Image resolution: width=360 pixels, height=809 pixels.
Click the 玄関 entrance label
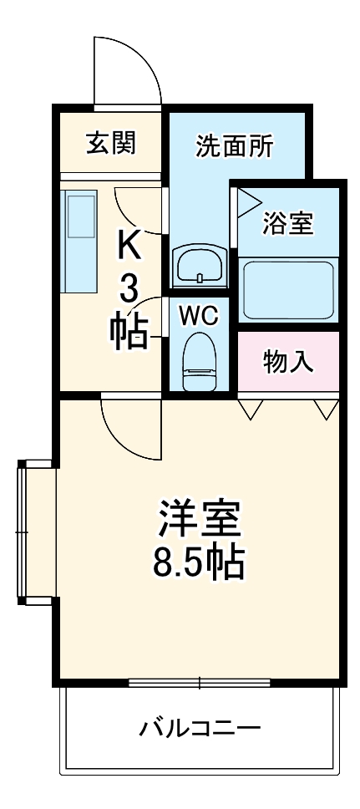(x=111, y=143)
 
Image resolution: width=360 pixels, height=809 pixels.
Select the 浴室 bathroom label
(x=288, y=223)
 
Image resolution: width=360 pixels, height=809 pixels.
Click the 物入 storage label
(x=288, y=362)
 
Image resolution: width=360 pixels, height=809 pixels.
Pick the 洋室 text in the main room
(x=199, y=521)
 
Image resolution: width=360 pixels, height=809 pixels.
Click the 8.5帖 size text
(x=199, y=564)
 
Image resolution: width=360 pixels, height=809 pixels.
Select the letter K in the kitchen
(x=129, y=247)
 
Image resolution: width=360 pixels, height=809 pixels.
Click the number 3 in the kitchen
(x=129, y=290)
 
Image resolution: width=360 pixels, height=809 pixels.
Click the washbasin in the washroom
(x=200, y=266)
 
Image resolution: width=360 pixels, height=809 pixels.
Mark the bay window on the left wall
(x=33, y=533)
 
